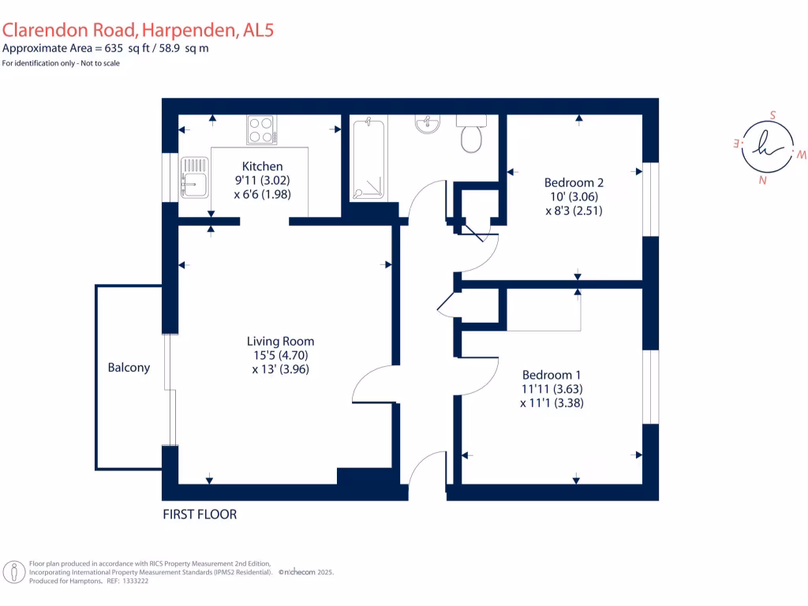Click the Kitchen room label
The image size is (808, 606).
coord(262,166)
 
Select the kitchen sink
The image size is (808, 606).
coord(195,178)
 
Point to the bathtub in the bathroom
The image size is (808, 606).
coord(368,159)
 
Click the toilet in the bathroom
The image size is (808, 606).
coord(471,134)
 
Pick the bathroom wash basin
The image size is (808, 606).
coord(427,124)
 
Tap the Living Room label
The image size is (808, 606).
coord(280,341)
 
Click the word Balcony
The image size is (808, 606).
coord(129,368)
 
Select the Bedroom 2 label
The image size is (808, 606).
coord(574,182)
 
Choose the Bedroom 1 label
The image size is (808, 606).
coord(552,375)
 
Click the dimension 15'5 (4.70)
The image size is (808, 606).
coord(280,355)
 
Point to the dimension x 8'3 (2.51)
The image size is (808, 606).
coord(574,210)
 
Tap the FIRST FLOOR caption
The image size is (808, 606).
coord(200,514)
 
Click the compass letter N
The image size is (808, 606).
coord(763,181)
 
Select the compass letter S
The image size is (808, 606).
coord(772,115)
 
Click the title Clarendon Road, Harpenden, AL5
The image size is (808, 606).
coord(137,30)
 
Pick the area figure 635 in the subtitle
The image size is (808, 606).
coord(114,48)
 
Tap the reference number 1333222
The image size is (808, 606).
coord(135,581)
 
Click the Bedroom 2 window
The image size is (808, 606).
coord(651,199)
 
